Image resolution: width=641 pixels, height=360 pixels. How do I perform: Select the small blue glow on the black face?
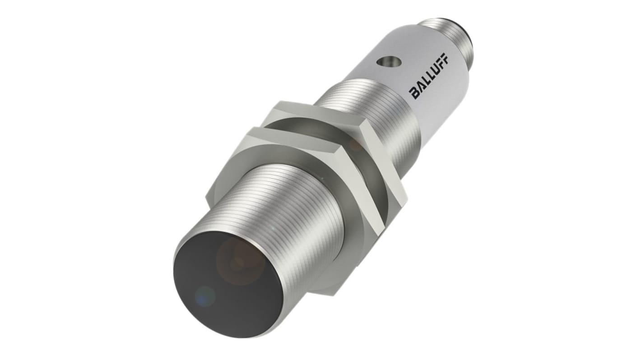pos(205,295)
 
